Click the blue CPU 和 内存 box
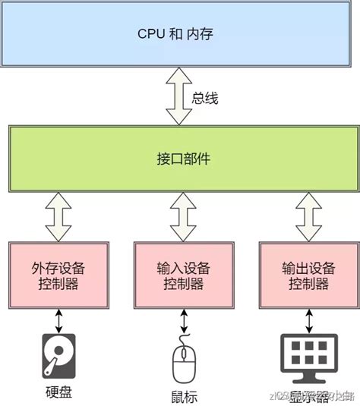(x=179, y=34)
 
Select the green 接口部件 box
(x=179, y=160)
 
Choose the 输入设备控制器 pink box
(x=180, y=275)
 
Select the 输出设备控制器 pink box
(x=306, y=275)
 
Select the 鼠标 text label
(x=183, y=397)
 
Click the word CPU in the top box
(x=150, y=34)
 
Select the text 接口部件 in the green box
(x=179, y=160)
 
